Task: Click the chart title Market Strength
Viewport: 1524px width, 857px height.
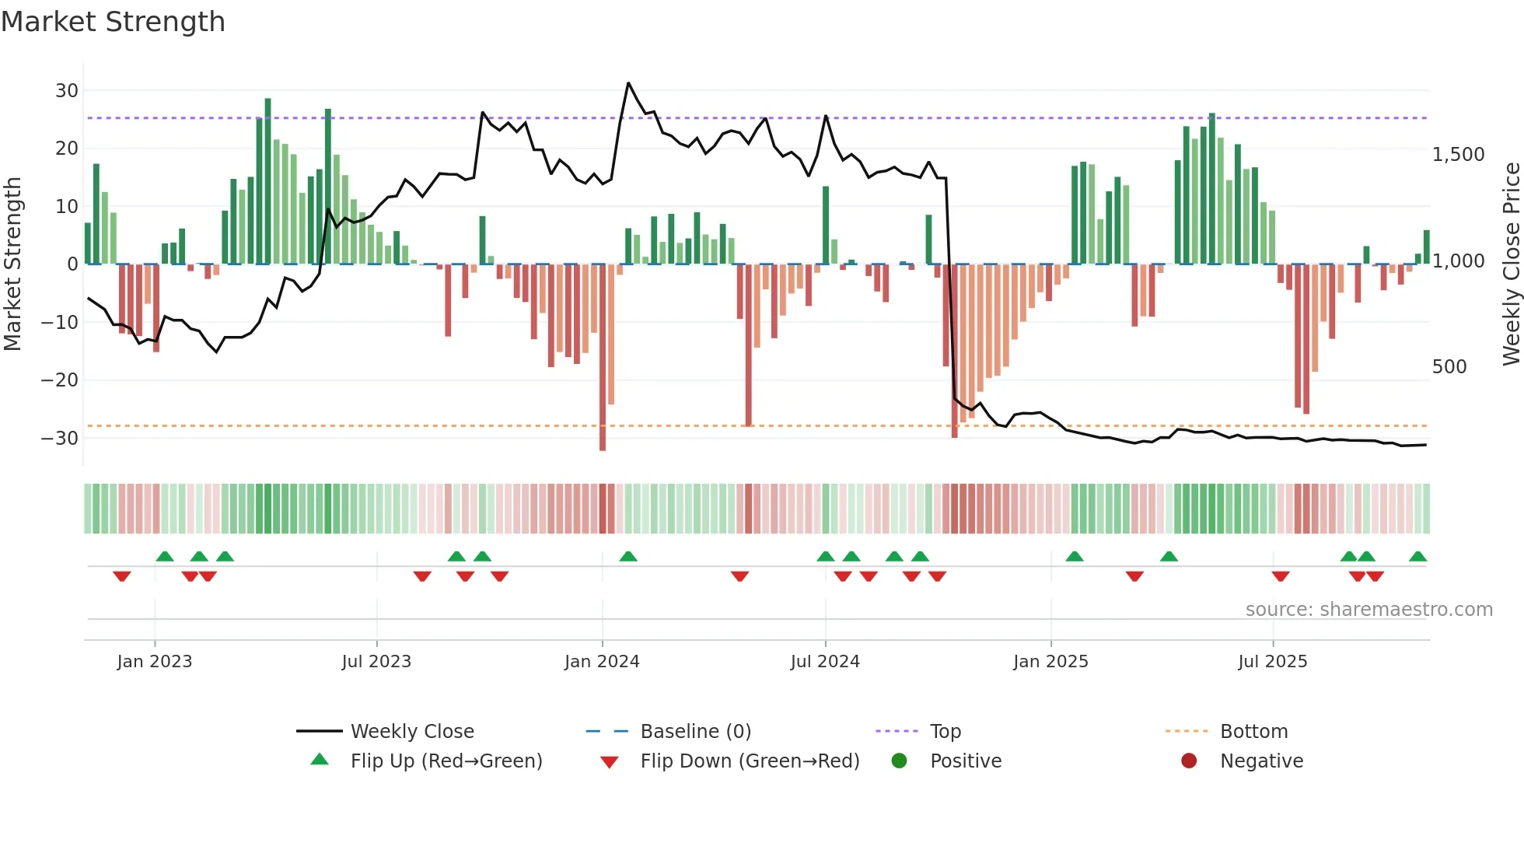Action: [113, 22]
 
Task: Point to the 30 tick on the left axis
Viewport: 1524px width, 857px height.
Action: [67, 91]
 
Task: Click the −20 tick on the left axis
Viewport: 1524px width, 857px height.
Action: [60, 380]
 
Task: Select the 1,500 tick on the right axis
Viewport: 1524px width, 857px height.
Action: [1458, 155]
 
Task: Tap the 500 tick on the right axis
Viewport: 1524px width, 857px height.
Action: [1449, 367]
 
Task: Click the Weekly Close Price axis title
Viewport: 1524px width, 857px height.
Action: [1511, 264]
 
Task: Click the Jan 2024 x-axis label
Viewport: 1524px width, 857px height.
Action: [602, 662]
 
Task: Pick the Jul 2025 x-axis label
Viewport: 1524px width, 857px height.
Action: [1272, 662]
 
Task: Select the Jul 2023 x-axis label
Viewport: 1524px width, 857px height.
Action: [376, 662]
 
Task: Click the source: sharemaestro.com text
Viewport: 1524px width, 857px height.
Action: [1368, 610]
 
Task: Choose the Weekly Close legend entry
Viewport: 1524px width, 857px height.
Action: [411, 732]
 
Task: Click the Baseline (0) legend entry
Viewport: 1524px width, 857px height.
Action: [695, 732]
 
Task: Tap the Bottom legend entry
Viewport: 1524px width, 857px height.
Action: [1253, 732]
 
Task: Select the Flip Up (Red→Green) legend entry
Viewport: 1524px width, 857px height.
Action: [446, 761]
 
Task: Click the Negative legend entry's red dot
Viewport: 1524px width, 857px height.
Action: [1189, 761]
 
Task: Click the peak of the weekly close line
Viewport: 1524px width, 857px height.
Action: [628, 83]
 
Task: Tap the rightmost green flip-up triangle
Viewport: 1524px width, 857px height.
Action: [1417, 557]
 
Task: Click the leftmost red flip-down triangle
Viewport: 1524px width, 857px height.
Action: [122, 576]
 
